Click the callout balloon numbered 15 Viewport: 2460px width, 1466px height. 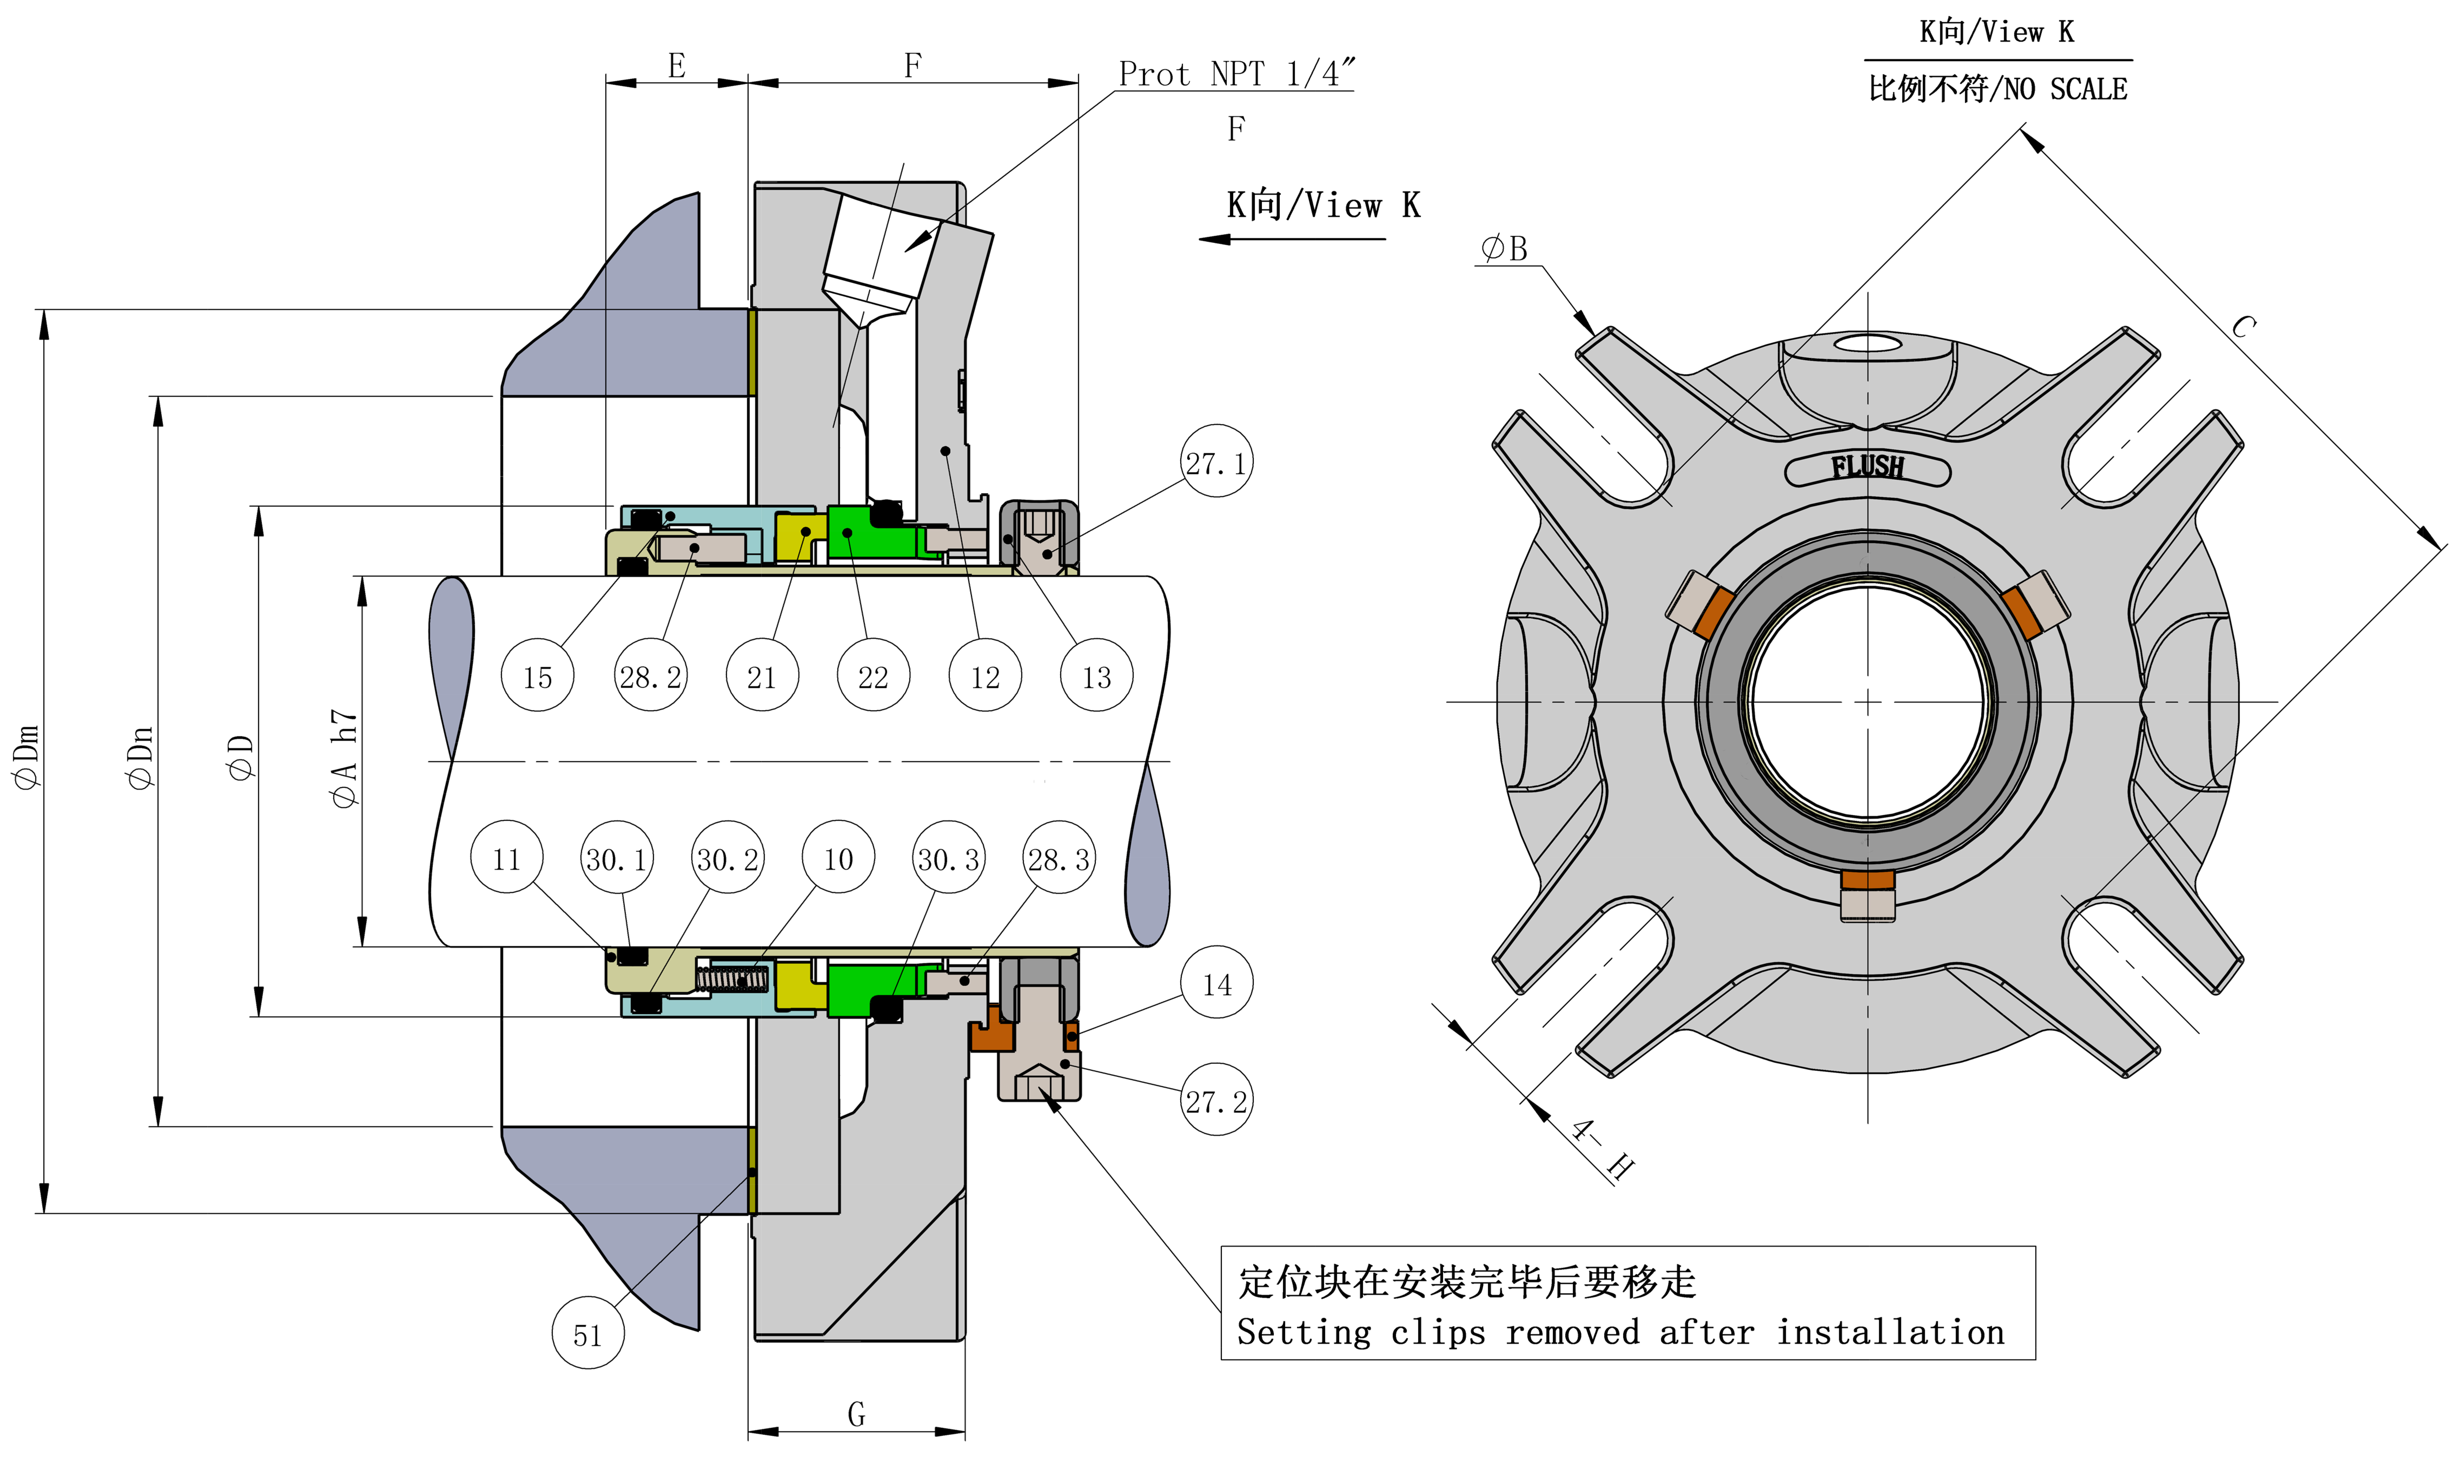pos(537,677)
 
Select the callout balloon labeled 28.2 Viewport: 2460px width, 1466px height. pos(650,677)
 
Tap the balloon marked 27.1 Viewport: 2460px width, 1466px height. pos(1217,461)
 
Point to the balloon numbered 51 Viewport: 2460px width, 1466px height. pos(588,1335)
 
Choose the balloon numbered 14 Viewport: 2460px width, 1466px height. pos(1217,984)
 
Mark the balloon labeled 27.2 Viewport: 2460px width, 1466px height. pos(1217,1100)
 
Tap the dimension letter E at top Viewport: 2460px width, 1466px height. pos(677,66)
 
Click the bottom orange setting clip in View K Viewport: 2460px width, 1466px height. pos(1868,879)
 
